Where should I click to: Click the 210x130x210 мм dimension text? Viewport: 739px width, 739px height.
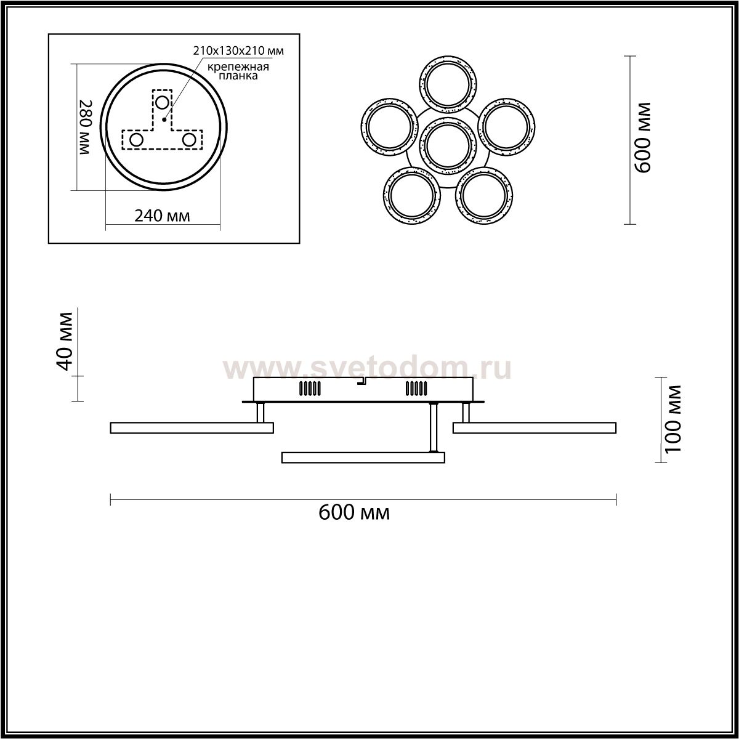pos(238,51)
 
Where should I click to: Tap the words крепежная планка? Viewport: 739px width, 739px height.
pos(238,71)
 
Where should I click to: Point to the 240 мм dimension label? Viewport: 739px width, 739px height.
pos(162,216)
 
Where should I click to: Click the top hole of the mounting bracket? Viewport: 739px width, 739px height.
pos(162,102)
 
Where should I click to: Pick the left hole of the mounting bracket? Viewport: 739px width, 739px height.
pos(136,140)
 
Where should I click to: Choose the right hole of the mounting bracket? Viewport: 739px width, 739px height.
pos(188,140)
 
